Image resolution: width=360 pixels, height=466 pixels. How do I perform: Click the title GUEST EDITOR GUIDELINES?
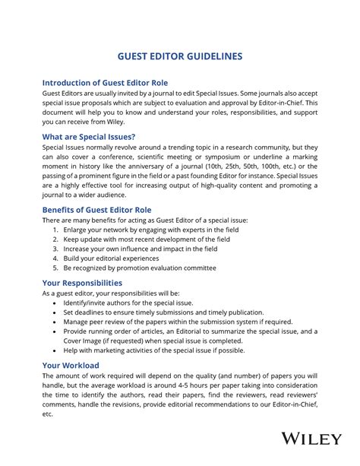180,56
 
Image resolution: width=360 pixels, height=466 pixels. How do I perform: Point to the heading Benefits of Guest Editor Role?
96,209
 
